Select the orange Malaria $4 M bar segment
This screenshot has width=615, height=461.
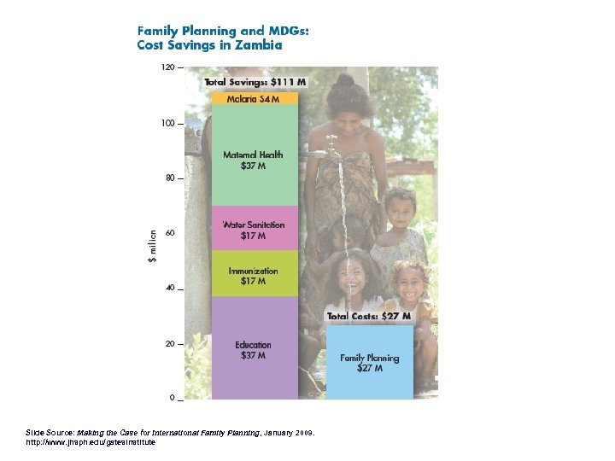click(x=255, y=98)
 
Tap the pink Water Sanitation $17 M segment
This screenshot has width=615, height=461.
click(x=255, y=229)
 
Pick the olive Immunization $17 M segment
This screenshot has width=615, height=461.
click(x=255, y=275)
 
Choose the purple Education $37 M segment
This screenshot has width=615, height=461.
click(x=255, y=349)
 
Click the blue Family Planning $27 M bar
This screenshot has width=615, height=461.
click(x=370, y=363)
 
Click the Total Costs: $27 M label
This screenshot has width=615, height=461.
click(x=370, y=316)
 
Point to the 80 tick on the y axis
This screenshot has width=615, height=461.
click(x=170, y=178)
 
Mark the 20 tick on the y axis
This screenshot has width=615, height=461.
click(x=170, y=344)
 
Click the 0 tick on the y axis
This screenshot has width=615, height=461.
click(x=173, y=399)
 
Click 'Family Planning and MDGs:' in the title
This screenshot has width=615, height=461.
click(x=224, y=31)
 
